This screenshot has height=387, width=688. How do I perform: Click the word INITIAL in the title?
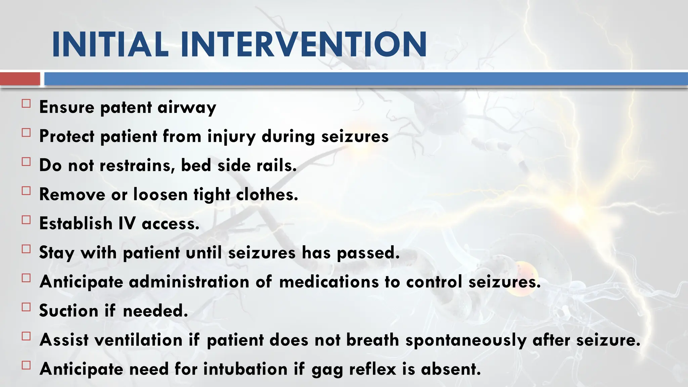(110, 45)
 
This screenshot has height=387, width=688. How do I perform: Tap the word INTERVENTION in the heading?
(303, 45)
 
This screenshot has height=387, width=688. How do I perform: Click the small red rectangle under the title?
(20, 79)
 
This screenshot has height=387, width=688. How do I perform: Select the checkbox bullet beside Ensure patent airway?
(26, 103)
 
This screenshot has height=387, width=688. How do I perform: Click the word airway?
(187, 108)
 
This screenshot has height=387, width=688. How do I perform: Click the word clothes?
(267, 195)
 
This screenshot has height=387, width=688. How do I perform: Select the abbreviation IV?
(127, 224)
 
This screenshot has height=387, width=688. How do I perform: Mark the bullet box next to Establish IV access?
(26, 220)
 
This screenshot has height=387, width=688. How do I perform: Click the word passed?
(368, 253)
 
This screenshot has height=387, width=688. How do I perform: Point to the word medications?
(329, 282)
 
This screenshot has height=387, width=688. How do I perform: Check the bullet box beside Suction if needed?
(26, 307)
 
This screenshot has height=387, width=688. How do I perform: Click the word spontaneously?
(466, 340)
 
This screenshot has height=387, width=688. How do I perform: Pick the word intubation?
(245, 369)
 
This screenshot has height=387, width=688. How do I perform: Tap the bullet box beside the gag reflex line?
(26, 365)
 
